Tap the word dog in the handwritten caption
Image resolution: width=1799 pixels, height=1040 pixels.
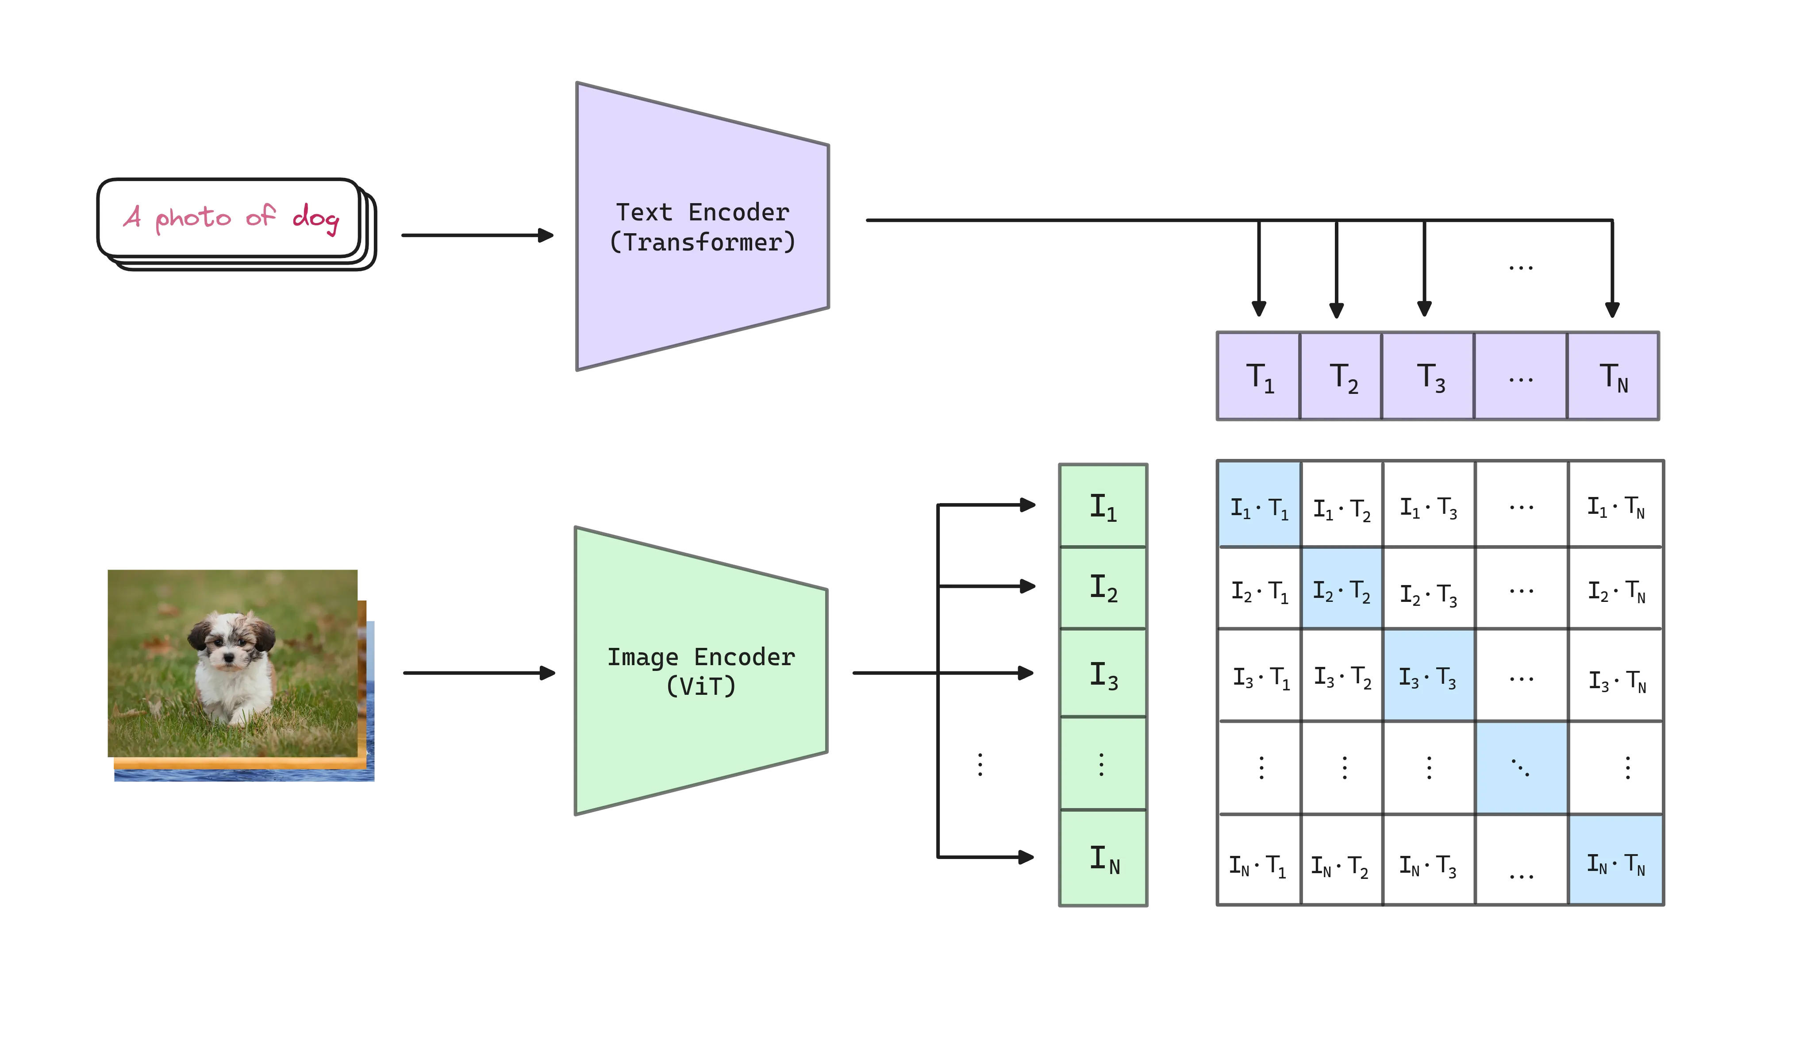(x=315, y=217)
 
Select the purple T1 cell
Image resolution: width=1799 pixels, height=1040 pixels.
(x=1259, y=377)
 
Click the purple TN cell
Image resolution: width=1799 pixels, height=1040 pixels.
(x=1613, y=377)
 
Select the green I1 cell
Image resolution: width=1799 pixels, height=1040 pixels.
(x=1103, y=506)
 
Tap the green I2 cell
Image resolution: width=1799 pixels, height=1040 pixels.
(x=1103, y=588)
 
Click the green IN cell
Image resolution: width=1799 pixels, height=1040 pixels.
(x=1103, y=858)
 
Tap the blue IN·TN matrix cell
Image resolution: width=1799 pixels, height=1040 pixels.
(x=1615, y=860)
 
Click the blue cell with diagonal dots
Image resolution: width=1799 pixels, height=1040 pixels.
(x=1521, y=768)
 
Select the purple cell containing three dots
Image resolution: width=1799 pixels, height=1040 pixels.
(x=1521, y=377)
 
